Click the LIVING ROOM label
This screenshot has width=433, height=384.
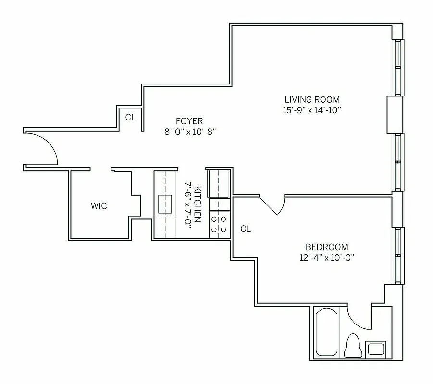312,100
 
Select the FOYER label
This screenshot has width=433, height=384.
189,121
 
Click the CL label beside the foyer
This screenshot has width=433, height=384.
130,117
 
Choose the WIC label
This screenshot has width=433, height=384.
99,206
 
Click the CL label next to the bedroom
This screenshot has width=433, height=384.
245,229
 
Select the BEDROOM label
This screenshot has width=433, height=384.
327,247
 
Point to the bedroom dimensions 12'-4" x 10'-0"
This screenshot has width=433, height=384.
327,257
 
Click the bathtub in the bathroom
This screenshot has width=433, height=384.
327,333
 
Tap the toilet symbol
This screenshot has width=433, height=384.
353,345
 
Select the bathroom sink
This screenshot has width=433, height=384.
375,348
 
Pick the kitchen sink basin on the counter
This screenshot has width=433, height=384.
166,204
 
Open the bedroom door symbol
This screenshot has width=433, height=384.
274,205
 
